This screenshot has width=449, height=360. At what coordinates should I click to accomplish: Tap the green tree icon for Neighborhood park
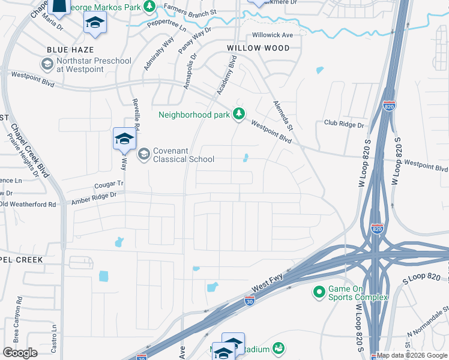[x=239, y=113]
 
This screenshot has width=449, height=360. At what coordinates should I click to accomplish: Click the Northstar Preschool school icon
[x=47, y=64]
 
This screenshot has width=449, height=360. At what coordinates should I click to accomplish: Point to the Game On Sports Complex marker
[x=318, y=292]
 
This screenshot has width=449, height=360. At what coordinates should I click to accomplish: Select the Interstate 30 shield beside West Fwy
[x=250, y=301]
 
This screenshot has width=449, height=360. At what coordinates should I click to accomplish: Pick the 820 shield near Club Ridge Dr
[x=389, y=106]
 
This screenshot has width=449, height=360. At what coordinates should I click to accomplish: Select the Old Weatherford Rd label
[x=28, y=205]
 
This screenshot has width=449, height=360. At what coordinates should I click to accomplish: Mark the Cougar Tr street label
[x=108, y=184]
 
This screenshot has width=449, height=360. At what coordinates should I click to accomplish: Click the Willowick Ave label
[x=273, y=35]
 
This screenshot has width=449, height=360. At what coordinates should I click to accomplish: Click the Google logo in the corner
[x=20, y=353]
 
